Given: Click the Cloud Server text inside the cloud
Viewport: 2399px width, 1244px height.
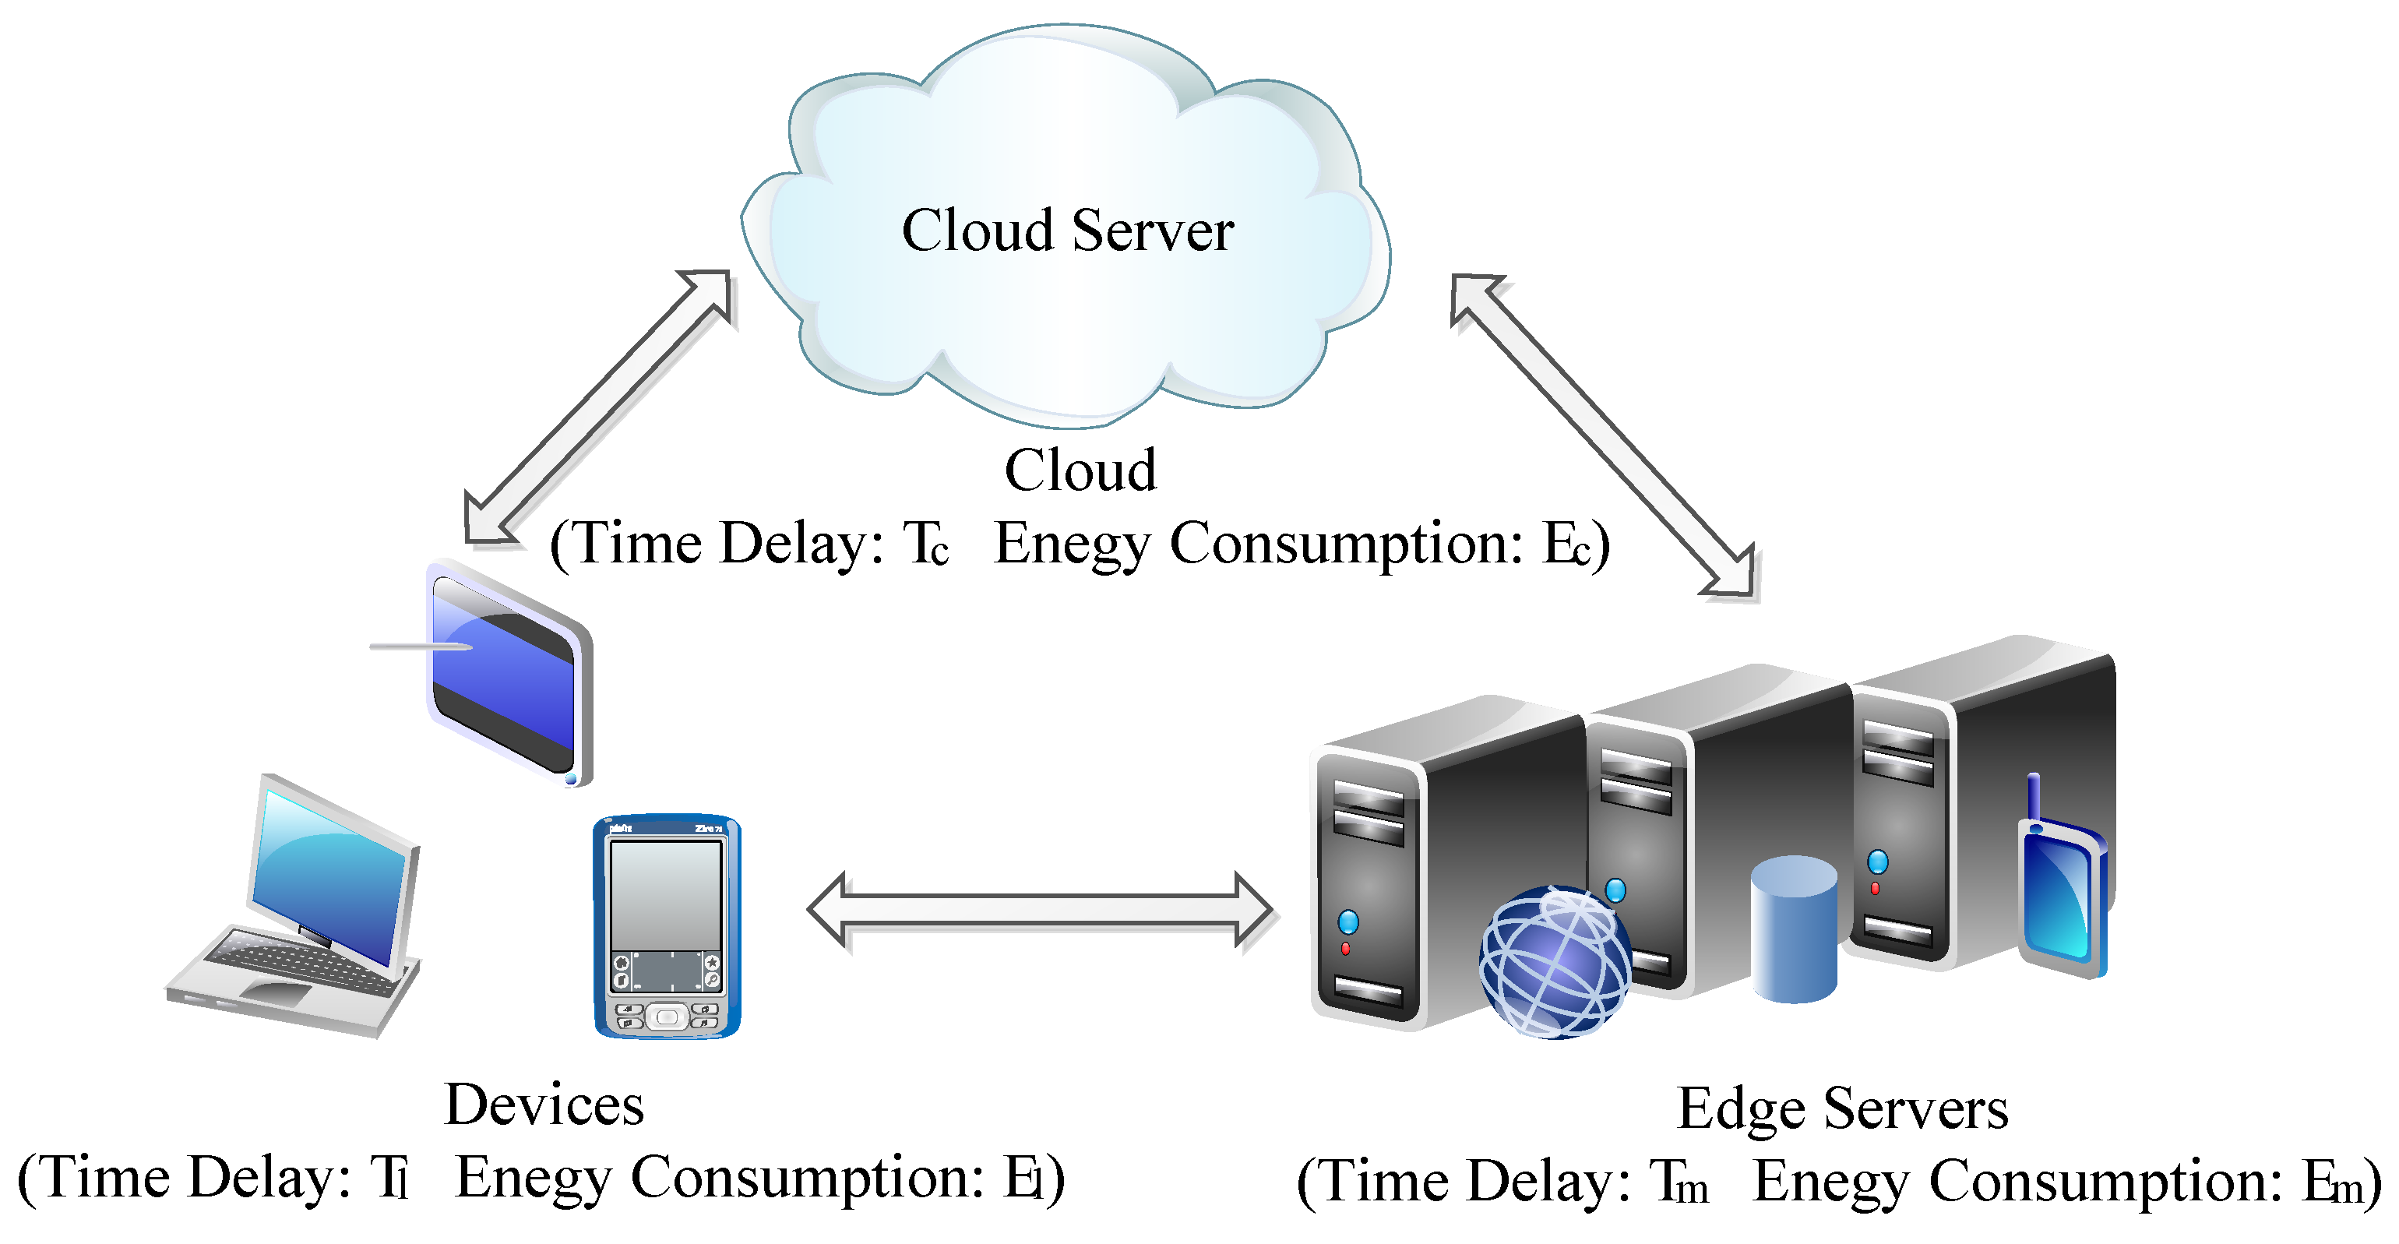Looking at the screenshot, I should (1067, 230).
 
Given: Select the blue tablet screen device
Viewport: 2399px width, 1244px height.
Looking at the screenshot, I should (508, 675).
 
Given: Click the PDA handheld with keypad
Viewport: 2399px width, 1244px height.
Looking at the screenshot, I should (667, 926).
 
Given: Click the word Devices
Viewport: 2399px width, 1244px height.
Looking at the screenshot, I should (544, 1105).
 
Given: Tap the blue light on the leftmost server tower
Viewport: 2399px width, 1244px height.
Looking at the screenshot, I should (1347, 922).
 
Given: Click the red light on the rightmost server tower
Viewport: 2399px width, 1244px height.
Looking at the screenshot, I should (1875, 887).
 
